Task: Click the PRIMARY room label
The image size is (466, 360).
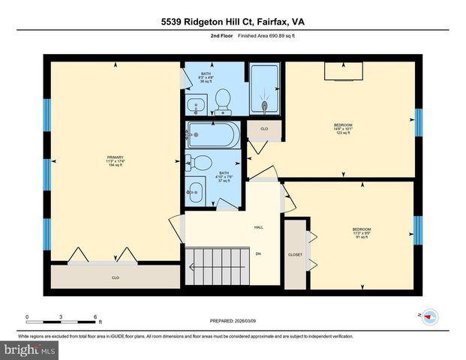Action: tap(114, 157)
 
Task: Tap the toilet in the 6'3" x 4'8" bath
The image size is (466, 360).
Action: tap(222, 98)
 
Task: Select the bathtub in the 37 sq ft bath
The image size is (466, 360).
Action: tap(214, 136)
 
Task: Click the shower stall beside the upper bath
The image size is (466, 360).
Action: tap(264, 89)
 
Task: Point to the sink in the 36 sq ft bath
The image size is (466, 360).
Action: tap(197, 104)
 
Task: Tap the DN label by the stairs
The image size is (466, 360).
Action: tap(258, 254)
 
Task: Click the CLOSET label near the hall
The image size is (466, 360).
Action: tap(295, 255)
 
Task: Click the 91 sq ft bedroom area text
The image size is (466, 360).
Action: tap(362, 238)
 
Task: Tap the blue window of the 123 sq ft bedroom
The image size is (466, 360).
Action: tap(419, 124)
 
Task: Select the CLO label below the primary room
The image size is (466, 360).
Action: tap(116, 277)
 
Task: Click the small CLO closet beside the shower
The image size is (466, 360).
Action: tap(264, 129)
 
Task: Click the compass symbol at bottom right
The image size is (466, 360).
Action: tap(429, 316)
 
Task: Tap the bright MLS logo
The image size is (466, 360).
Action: tap(29, 349)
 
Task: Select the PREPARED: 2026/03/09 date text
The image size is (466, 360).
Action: tap(232, 321)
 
